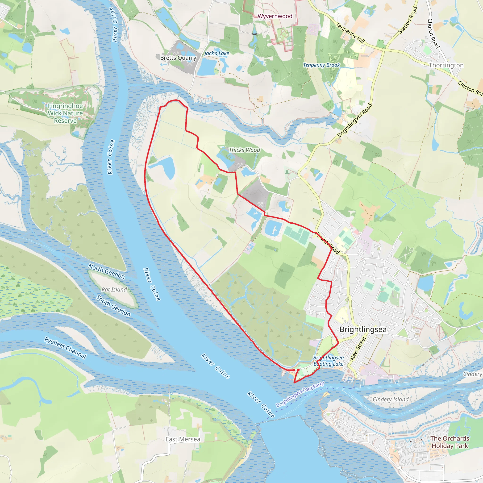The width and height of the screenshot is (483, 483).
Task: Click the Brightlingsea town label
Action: pyautogui.click(x=363, y=329)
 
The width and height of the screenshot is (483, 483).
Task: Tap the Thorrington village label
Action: pyautogui.click(x=446, y=65)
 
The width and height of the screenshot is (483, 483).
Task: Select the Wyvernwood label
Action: pyautogui.click(x=275, y=16)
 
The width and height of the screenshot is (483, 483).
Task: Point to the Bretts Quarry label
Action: pyautogui.click(x=178, y=58)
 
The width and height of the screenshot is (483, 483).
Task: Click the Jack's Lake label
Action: pyautogui.click(x=217, y=53)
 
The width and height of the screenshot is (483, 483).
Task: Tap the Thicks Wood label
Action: pyautogui.click(x=244, y=150)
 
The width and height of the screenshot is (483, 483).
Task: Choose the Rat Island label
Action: pyautogui.click(x=114, y=290)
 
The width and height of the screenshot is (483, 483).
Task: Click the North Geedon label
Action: pyautogui.click(x=107, y=271)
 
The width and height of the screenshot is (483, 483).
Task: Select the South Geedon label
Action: pyautogui.click(x=113, y=306)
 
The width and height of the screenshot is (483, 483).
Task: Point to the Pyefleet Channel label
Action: pyautogui.click(x=65, y=348)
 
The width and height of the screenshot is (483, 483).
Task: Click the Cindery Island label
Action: pyautogui.click(x=391, y=399)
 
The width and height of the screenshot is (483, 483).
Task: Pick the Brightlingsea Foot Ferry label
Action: pyautogui.click(x=300, y=394)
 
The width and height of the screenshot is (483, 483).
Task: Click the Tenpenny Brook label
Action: pyautogui.click(x=321, y=65)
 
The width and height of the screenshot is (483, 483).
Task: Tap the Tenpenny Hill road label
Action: pyautogui.click(x=350, y=33)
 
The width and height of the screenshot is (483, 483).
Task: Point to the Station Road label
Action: pyautogui.click(x=408, y=20)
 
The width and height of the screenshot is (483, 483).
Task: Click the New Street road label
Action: pyautogui.click(x=358, y=349)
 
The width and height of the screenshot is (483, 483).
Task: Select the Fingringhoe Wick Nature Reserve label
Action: pyautogui.click(x=65, y=113)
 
